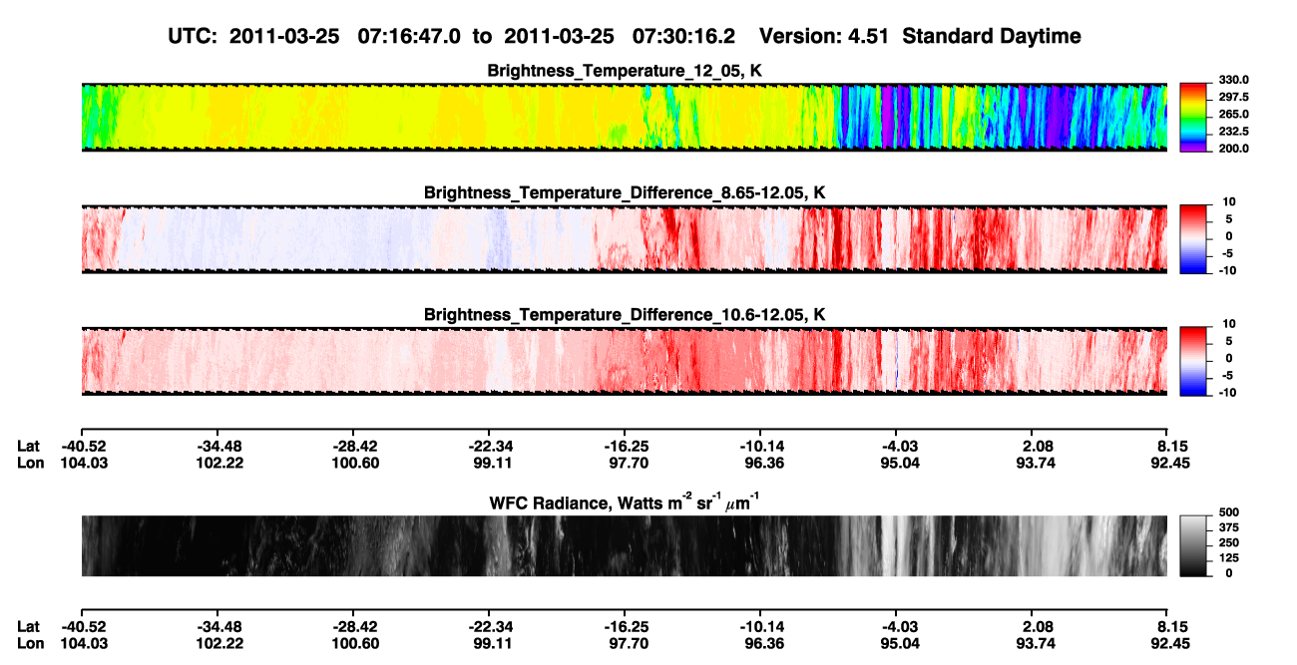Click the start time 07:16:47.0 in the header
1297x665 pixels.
pos(409,36)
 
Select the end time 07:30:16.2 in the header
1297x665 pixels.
pos(683,36)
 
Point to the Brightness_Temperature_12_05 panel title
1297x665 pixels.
pos(625,71)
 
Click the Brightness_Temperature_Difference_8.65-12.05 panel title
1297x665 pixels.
pos(625,192)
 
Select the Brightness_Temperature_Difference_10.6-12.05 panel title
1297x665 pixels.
pos(625,315)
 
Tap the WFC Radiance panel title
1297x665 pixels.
pos(625,502)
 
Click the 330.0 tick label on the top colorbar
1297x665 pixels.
pos(1233,80)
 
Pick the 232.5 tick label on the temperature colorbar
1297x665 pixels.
pos(1233,132)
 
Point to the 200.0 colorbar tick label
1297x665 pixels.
pos(1233,149)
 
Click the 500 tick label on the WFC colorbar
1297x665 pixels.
pos(1229,512)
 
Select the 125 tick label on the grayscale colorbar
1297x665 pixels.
pos(1229,558)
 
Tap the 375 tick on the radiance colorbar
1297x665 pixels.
pos(1229,527)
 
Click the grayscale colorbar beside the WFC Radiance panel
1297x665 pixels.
pos(1193,545)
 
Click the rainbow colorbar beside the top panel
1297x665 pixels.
pos(1193,118)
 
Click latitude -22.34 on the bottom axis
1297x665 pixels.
pos(489,627)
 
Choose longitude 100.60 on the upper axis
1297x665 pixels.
pos(355,464)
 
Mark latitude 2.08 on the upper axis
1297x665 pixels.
pos(1037,447)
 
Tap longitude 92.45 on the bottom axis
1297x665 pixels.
pos(1170,644)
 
